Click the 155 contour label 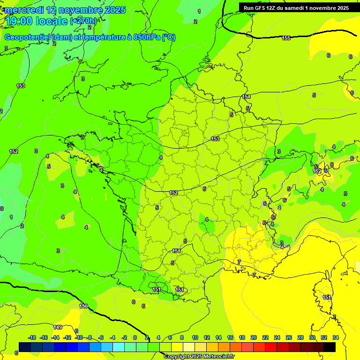click(x=286, y=38)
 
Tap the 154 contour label click(x=246, y=97)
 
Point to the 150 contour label click(x=83, y=306)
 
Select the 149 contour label click(x=58, y=327)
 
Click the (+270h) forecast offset click(x=83, y=21)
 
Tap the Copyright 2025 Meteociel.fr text click(x=198, y=356)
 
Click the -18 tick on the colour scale click(x=32, y=337)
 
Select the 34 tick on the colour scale click(x=336, y=337)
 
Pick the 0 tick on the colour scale click(x=135, y=337)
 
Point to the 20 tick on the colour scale click(x=254, y=337)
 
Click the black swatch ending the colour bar click(x=330, y=347)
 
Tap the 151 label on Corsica click(x=327, y=298)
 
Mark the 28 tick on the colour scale click(x=300, y=337)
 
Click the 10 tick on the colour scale click(x=195, y=337)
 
